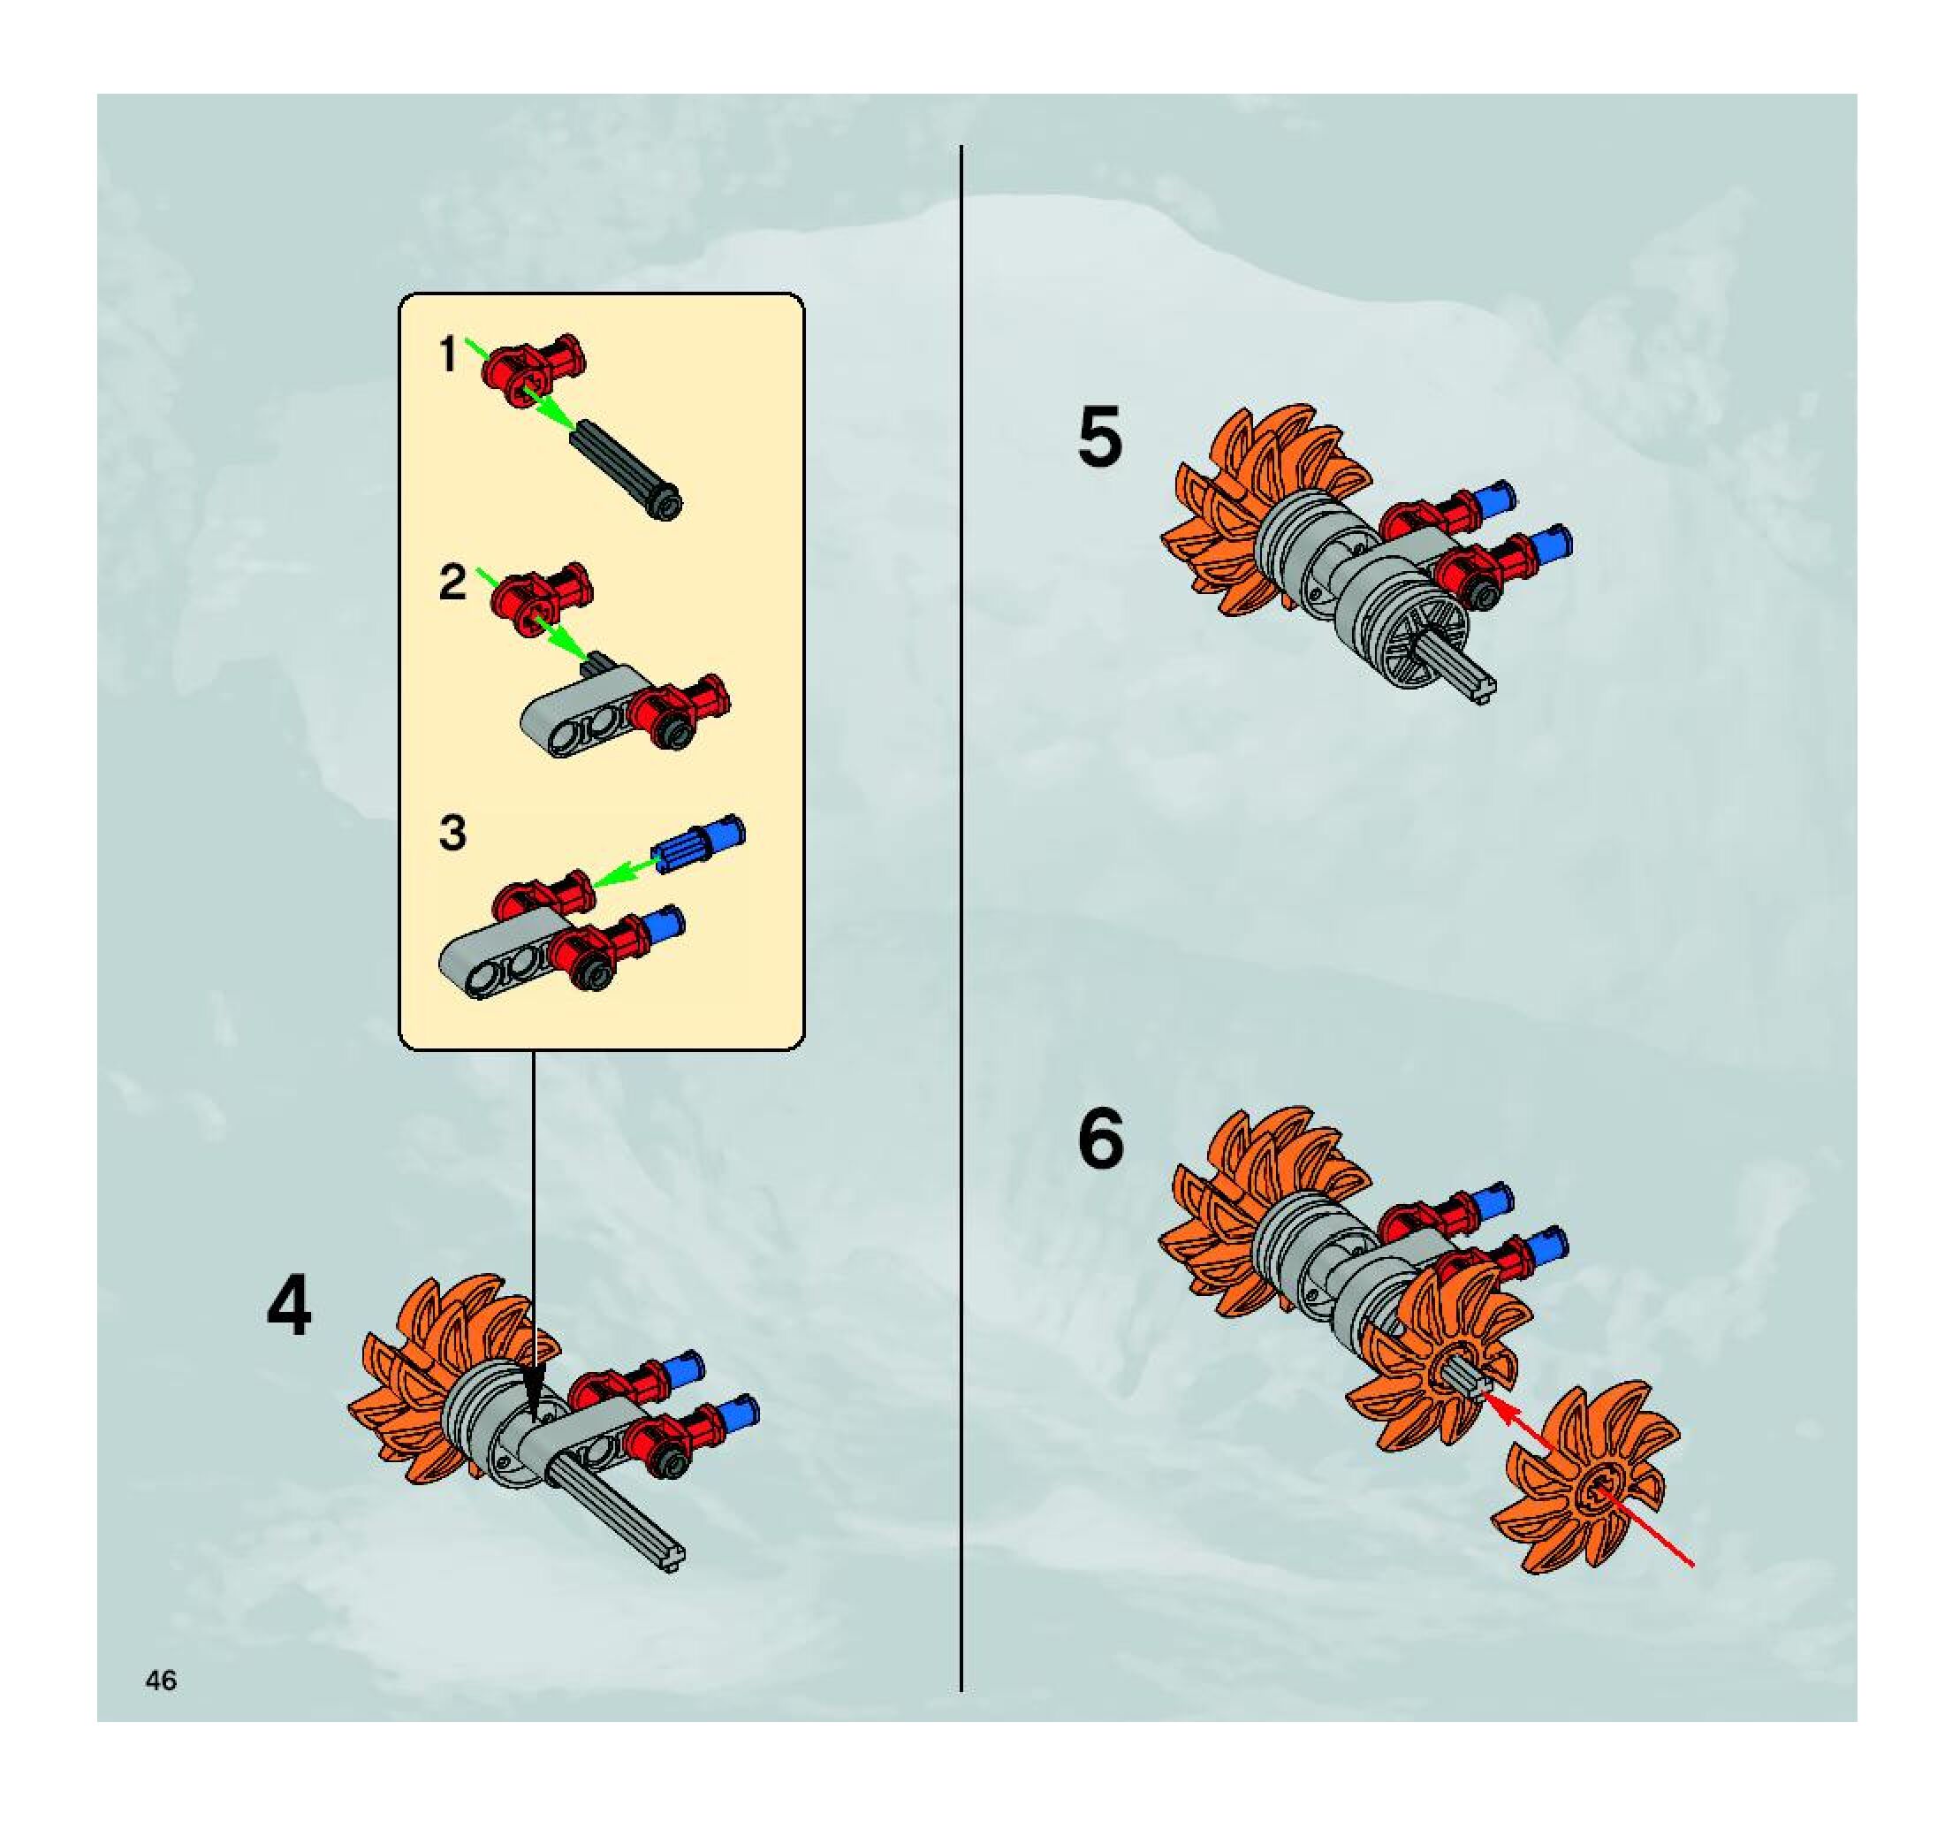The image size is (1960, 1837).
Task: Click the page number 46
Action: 161,1681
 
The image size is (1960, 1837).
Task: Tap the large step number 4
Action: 289,1307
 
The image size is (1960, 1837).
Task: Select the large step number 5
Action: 1099,436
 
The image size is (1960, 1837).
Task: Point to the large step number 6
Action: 1100,1139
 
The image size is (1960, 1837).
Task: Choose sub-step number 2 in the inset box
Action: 452,582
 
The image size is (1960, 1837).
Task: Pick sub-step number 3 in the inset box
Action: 452,832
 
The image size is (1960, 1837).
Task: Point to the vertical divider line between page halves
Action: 961,888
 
